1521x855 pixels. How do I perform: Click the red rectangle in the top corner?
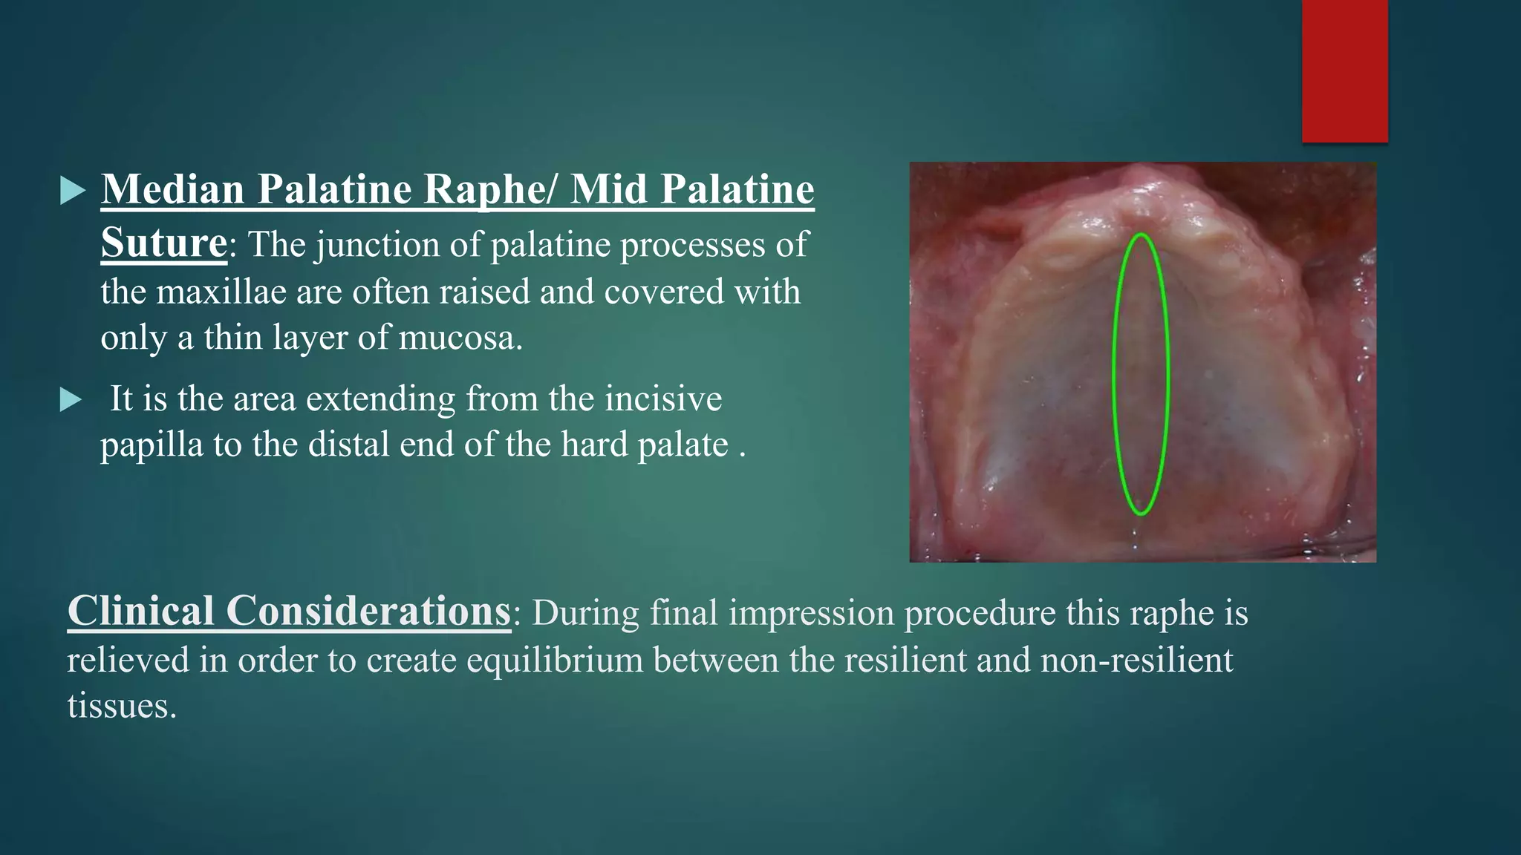(x=1344, y=71)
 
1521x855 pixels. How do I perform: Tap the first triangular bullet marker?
(x=72, y=191)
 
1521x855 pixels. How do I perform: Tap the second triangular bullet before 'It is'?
(x=71, y=401)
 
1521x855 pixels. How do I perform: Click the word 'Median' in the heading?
(x=173, y=190)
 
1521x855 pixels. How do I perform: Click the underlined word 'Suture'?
(x=163, y=243)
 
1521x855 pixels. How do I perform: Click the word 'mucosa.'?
(x=460, y=338)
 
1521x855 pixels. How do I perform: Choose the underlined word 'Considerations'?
(x=368, y=612)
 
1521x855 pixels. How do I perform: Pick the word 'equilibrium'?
(x=554, y=661)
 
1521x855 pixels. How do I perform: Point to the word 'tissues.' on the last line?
(x=122, y=706)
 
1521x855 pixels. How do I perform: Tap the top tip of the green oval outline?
(x=1141, y=235)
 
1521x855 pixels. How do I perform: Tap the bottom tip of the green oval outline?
(x=1141, y=514)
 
